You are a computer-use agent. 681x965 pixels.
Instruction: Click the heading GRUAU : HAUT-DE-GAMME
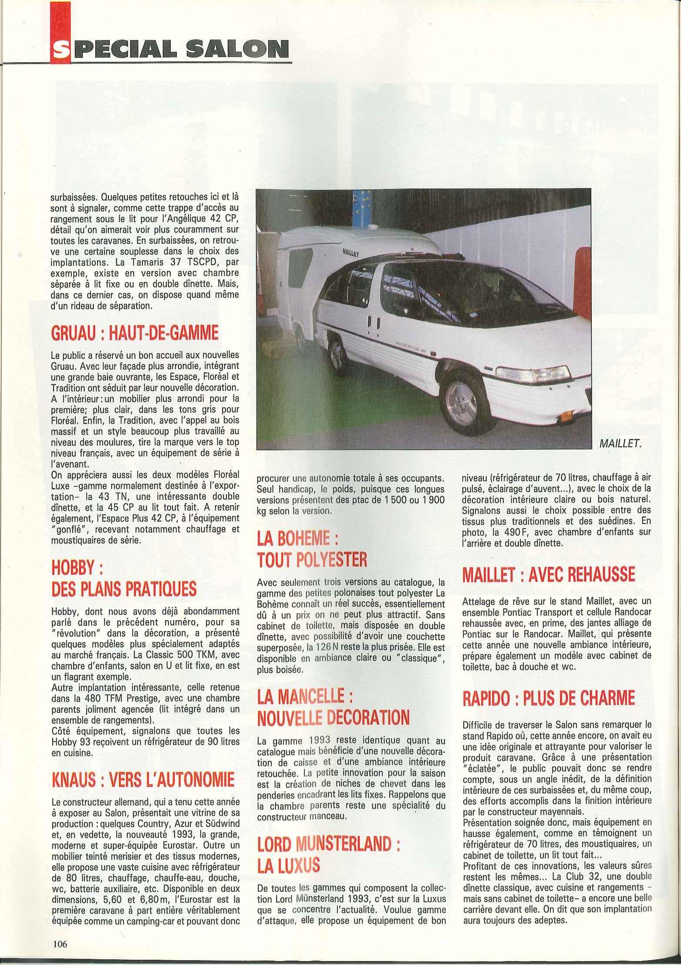[x=135, y=334]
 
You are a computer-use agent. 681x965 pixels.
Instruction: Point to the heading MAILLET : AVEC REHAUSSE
[x=548, y=574]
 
